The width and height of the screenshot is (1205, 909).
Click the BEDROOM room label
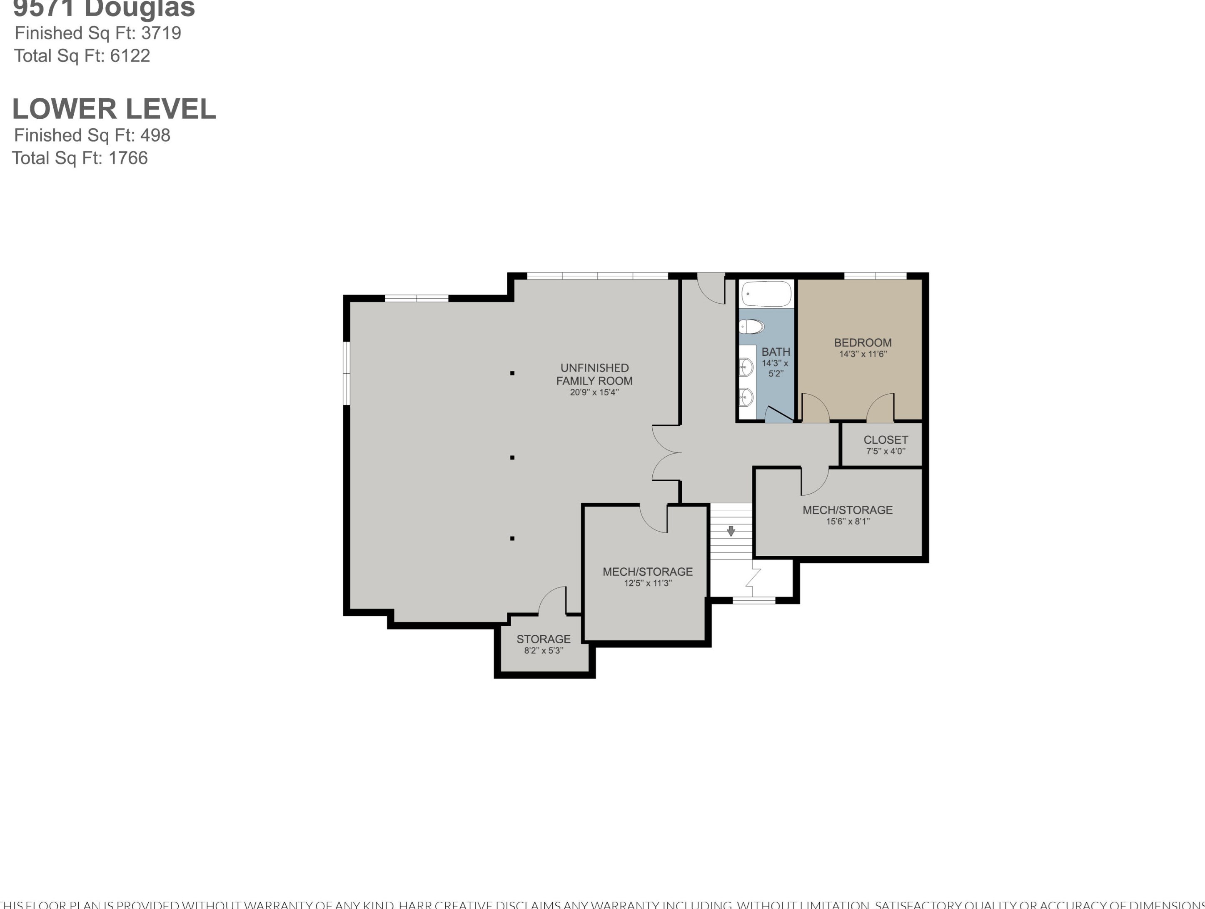click(x=862, y=343)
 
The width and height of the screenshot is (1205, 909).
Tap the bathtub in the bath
click(x=766, y=294)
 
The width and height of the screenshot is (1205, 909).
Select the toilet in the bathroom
click(x=752, y=327)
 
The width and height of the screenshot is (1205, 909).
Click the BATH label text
click(x=775, y=352)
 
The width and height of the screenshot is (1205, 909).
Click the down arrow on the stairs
click(x=731, y=531)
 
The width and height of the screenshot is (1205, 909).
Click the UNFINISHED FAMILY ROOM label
click(x=594, y=375)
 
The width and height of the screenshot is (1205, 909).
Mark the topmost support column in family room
click(x=512, y=373)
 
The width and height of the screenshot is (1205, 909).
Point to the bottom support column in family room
click(x=512, y=538)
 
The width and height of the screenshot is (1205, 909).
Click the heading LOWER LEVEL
click(x=114, y=109)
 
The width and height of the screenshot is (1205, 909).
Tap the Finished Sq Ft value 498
click(x=155, y=135)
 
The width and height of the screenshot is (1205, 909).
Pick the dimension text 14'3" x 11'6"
click(x=862, y=354)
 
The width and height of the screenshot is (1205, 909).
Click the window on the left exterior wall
click(x=346, y=373)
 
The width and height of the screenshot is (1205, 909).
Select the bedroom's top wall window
click(x=875, y=276)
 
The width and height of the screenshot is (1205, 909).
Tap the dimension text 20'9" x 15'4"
click(x=594, y=392)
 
